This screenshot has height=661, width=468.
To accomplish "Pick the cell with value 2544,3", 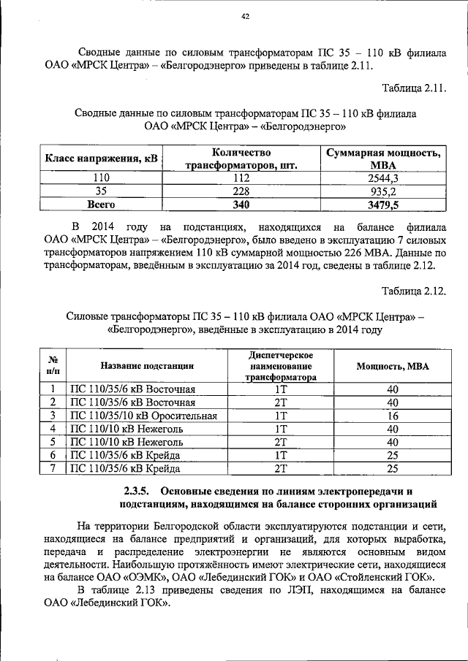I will tap(383, 178).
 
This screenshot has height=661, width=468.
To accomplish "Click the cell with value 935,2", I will tap(383, 191).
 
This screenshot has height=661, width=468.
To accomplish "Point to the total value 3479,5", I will tap(383, 205).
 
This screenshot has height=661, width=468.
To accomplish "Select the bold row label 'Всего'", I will tap(102, 205).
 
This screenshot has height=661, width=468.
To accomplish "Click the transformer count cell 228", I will tap(241, 191).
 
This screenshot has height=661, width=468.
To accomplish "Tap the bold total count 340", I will tap(241, 205).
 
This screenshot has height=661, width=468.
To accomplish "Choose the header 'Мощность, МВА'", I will tap(393, 366).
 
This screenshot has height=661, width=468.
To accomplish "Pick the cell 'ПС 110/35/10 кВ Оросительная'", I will tap(143, 416).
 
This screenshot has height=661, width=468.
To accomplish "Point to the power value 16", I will tap(393, 416).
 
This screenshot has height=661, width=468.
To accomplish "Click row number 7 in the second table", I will tap(53, 468).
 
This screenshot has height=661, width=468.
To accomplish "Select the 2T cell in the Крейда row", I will tap(280, 468).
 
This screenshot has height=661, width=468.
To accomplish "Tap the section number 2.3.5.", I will tap(135, 490).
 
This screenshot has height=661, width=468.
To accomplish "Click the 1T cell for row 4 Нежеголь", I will tap(280, 429).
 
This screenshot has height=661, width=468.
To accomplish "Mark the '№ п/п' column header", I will tap(53, 365).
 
